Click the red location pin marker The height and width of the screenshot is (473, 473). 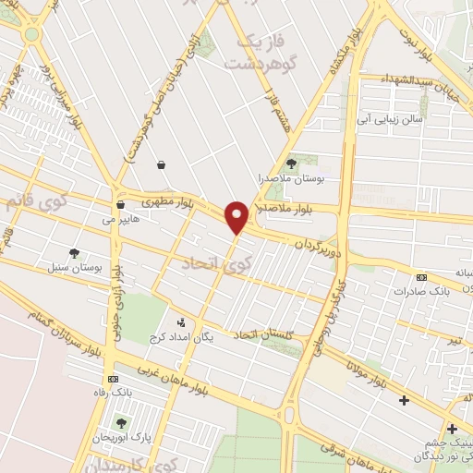[x=236, y=216]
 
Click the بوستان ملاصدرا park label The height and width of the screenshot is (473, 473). [x=294, y=176]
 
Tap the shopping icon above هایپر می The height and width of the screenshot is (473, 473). [x=121, y=204]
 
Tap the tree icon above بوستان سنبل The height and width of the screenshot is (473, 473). [x=75, y=252]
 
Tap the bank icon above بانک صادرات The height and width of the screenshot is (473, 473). [x=422, y=277]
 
